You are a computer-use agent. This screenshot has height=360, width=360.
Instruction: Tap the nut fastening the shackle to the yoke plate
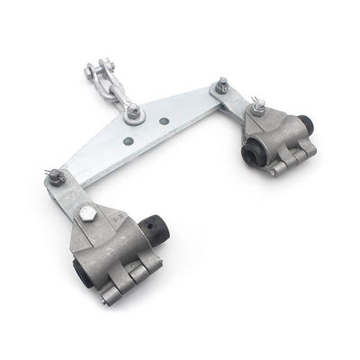click(134, 112)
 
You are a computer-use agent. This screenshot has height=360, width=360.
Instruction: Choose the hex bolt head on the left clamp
click(87, 213)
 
